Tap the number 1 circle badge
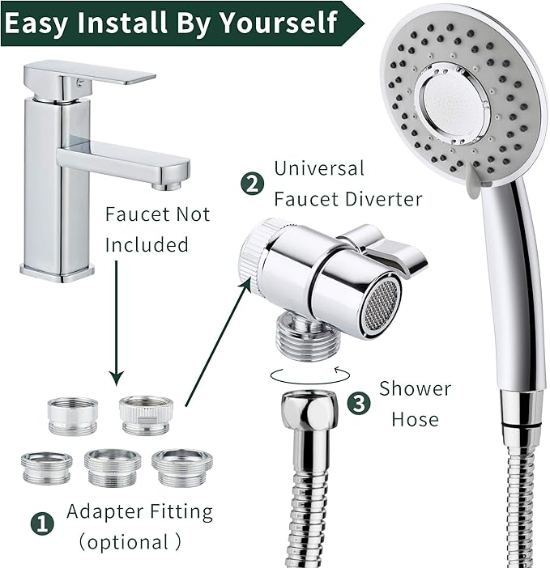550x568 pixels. tap(44, 523)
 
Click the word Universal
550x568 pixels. tap(319, 169)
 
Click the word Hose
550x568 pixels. tap(415, 419)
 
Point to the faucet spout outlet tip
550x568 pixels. tap(167, 186)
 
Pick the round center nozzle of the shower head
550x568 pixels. tap(454, 101)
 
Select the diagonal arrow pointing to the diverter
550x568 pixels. tap(213, 337)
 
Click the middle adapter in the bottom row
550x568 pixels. tap(113, 467)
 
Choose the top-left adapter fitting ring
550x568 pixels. tap(73, 415)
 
